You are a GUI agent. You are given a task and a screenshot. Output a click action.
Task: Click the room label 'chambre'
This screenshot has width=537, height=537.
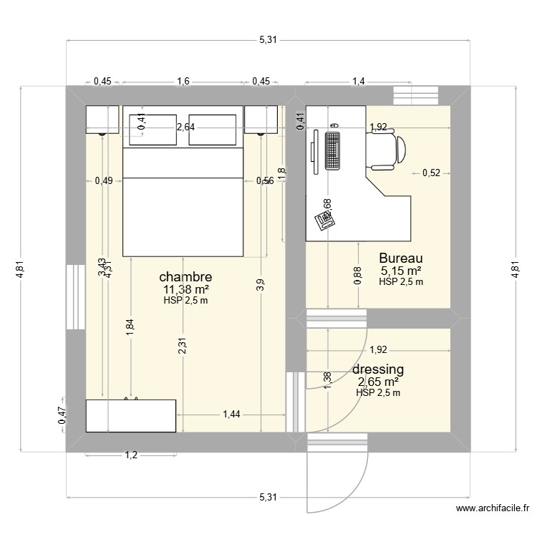[185, 276]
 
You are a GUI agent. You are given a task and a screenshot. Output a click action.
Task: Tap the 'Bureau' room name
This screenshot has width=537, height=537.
[401, 258]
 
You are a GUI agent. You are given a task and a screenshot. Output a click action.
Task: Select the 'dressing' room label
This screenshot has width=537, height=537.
[378, 369]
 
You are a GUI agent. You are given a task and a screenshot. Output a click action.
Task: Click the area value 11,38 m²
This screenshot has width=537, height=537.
[185, 289]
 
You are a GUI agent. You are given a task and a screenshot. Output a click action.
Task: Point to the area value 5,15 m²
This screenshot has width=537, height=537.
[401, 271]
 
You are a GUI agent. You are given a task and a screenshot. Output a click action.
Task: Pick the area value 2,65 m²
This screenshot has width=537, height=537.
[378, 382]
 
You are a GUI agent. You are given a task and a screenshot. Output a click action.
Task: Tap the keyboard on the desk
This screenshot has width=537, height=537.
[332, 150]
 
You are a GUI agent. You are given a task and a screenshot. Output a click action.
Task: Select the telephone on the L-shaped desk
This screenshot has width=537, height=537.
[326, 221]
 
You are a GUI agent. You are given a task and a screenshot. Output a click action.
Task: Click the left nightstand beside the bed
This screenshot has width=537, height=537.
[102, 120]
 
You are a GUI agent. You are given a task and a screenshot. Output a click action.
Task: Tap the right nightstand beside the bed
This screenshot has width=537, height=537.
[261, 120]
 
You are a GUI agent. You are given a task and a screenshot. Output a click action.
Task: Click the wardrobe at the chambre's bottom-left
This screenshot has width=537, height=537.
[130, 416]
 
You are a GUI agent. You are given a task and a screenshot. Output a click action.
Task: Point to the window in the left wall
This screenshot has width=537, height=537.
[75, 297]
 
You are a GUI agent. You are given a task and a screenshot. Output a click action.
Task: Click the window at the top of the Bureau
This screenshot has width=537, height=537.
[418, 95]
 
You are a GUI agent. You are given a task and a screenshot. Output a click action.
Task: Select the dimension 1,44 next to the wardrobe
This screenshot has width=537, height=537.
[231, 414]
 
